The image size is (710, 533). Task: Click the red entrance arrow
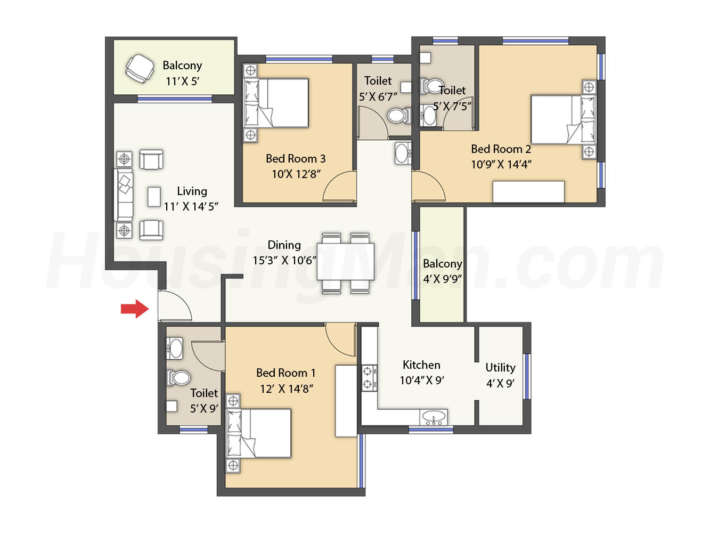click(x=135, y=309)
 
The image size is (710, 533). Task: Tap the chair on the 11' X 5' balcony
click(x=140, y=69)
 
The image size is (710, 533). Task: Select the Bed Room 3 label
click(x=295, y=159)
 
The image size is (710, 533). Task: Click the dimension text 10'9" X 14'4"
click(x=501, y=164)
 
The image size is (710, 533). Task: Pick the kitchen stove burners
click(x=369, y=378)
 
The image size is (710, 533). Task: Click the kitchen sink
click(x=434, y=417)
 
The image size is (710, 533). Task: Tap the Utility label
click(x=500, y=368)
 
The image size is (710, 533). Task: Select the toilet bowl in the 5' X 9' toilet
click(x=178, y=378)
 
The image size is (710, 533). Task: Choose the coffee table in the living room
click(x=154, y=197)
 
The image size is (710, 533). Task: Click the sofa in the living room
click(x=123, y=195)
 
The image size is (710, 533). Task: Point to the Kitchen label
click(x=421, y=365)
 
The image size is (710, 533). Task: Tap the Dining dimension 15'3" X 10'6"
click(x=284, y=261)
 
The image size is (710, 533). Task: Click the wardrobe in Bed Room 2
click(x=528, y=191)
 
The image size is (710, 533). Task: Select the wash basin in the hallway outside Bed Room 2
click(x=403, y=153)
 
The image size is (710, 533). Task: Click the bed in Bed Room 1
click(x=258, y=433)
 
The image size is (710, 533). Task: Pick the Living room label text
click(x=192, y=191)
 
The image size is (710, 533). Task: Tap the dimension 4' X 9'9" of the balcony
click(x=442, y=279)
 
